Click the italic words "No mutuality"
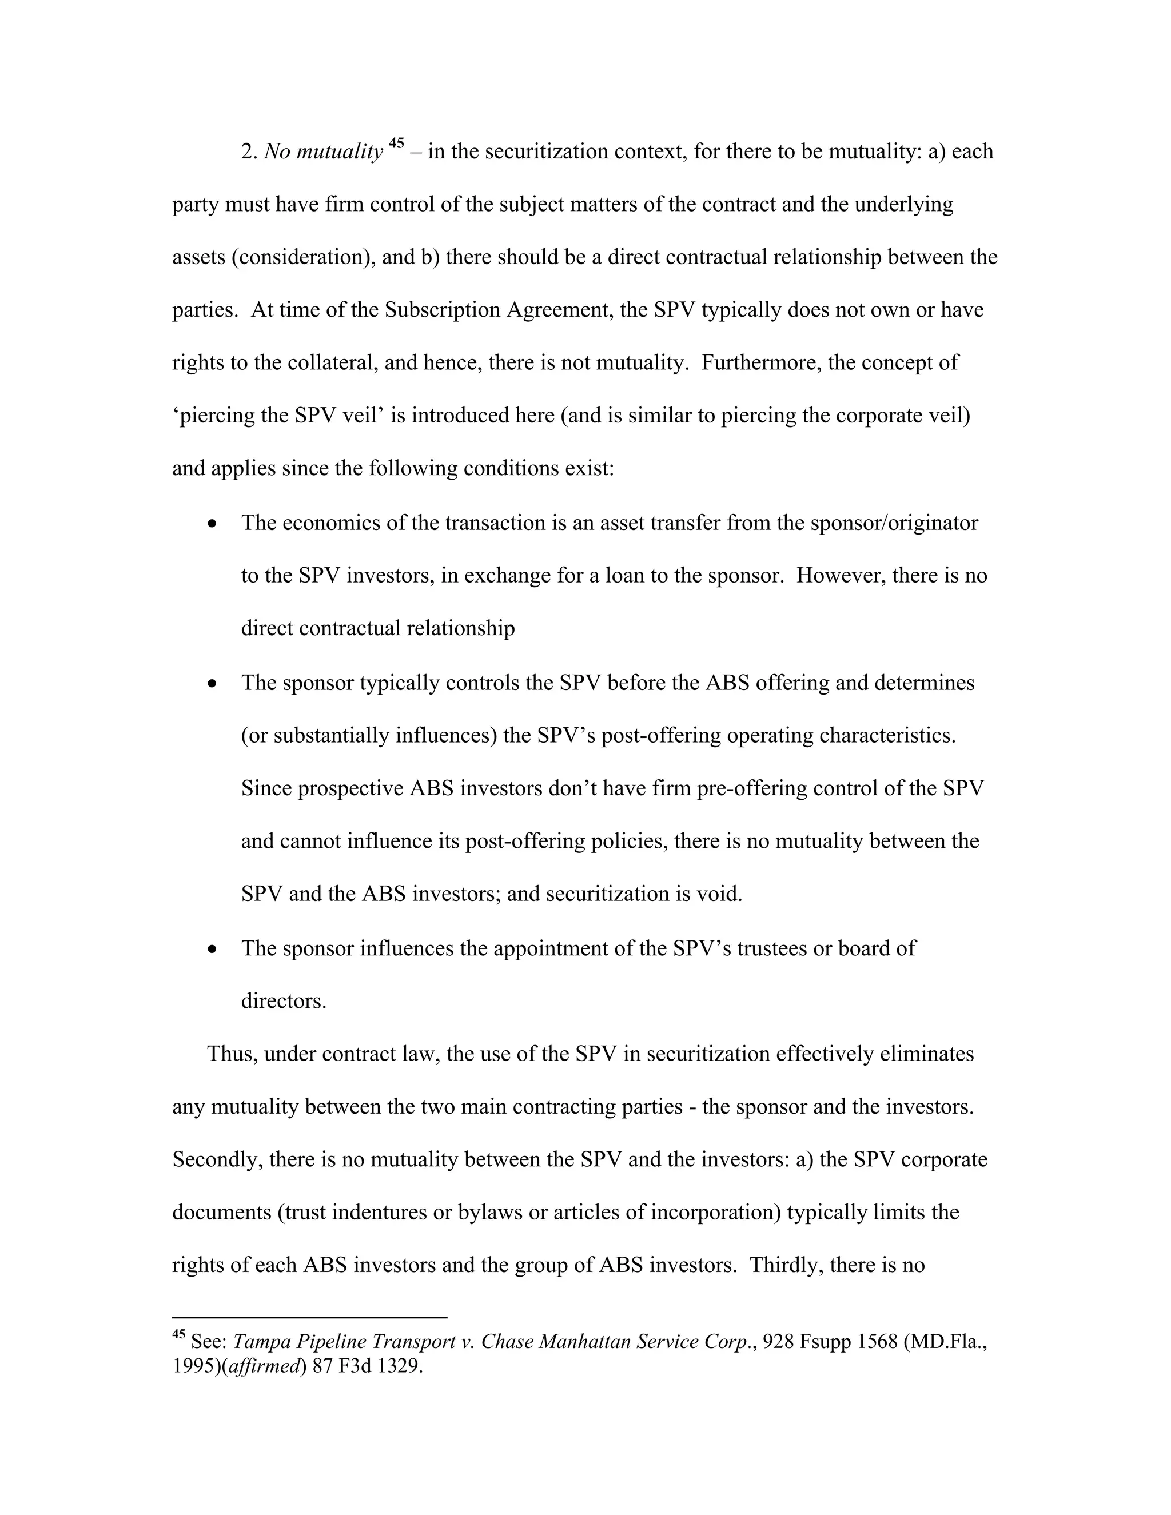pos(323,152)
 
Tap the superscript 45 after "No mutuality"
pos(396,143)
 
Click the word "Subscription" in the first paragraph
pos(443,309)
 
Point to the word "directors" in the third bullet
pos(282,1002)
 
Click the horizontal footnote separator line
pos(309,1317)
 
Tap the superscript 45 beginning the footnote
pos(178,1334)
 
